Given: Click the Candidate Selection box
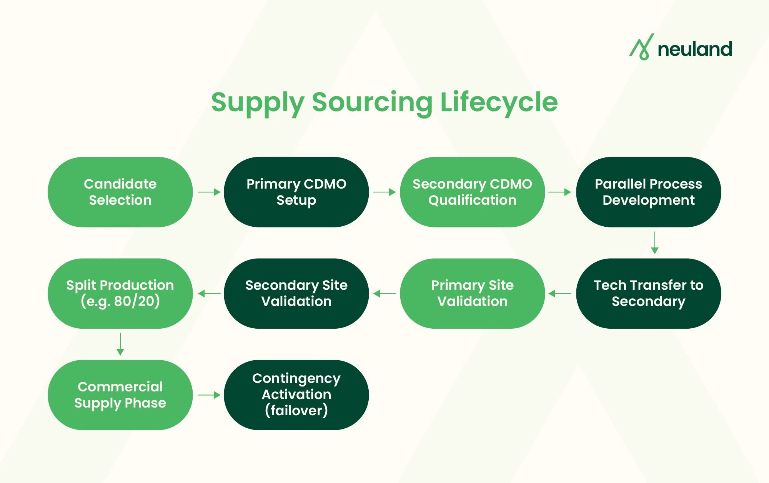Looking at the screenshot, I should pos(120,192).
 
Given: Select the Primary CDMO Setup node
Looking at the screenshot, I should pos(296,192).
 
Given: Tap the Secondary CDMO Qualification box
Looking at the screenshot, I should pos(472,192).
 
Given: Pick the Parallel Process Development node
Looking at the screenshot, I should pos(648,192).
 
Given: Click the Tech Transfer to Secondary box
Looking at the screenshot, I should pos(648,293).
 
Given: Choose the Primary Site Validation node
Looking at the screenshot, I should pos(472,293).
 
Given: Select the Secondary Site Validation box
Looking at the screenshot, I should pos(296,293).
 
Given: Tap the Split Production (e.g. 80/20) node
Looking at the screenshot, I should pos(120,293).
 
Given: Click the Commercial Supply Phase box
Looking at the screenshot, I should pos(120,395).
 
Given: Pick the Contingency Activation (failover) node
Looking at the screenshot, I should pos(296,395).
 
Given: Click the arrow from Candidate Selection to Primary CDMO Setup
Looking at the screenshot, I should pos(209,192).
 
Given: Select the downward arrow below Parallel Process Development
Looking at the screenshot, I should pos(655,242).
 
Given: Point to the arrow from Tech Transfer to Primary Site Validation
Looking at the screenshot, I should pos(560,294).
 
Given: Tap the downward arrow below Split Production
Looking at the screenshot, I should pos(120,344).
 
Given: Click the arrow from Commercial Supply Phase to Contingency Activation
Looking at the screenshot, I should pos(209,395).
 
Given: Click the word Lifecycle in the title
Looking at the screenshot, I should pos(499,102).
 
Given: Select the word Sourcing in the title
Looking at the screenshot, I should pos(372,103).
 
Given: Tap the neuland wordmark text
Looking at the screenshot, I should pos(694,49).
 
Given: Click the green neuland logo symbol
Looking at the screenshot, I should pos(641,47).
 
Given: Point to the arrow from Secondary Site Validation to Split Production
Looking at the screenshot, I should pos(209,294).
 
